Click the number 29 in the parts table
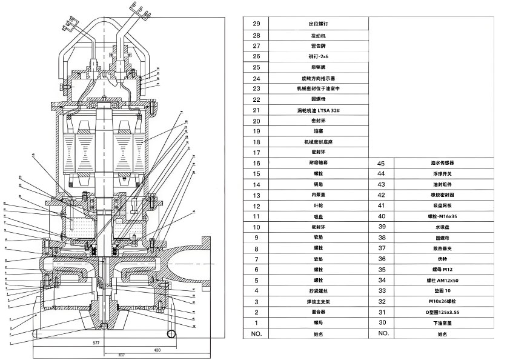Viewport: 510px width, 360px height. (256, 24)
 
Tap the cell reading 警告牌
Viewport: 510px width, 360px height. (317, 45)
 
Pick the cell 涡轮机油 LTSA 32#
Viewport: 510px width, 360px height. (317, 110)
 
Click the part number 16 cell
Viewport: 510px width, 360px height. (256, 164)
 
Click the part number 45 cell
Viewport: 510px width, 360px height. (382, 164)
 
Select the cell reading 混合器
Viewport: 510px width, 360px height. (317, 312)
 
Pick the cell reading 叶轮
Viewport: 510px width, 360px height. (317, 206)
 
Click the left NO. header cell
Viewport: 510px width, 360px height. (256, 333)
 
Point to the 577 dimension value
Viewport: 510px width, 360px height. (96, 343)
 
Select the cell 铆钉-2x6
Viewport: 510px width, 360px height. (317, 56)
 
